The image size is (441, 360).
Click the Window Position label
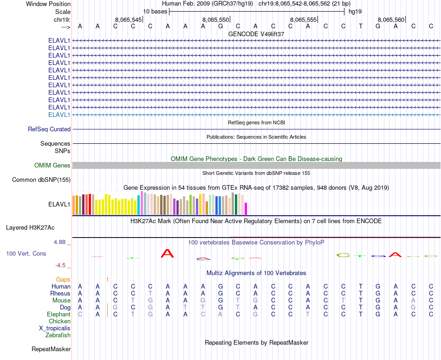pyautogui.click(x=48, y=4)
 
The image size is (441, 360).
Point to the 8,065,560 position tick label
pyautogui.click(x=391, y=19)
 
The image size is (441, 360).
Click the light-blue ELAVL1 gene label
pyautogui.click(x=59, y=115)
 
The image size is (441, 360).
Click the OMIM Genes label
pyautogui.click(x=52, y=166)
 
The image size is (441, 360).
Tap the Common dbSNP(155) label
pyautogui.click(x=41, y=180)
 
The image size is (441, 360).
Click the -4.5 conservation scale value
pyautogui.click(x=62, y=265)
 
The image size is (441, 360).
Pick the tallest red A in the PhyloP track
pyautogui.click(x=167, y=253)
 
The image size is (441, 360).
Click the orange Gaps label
pyautogui.click(x=63, y=279)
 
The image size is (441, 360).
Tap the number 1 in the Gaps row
pyautogui.click(x=107, y=279)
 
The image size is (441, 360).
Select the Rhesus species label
pyautogui.click(x=60, y=293)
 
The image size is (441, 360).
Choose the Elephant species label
pyautogui.click(x=58, y=314)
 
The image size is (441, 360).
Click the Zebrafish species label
pyautogui.click(x=58, y=335)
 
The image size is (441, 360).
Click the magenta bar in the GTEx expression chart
pyautogui.click(x=246, y=209)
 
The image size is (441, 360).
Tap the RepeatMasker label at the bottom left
pyautogui.click(x=51, y=349)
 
